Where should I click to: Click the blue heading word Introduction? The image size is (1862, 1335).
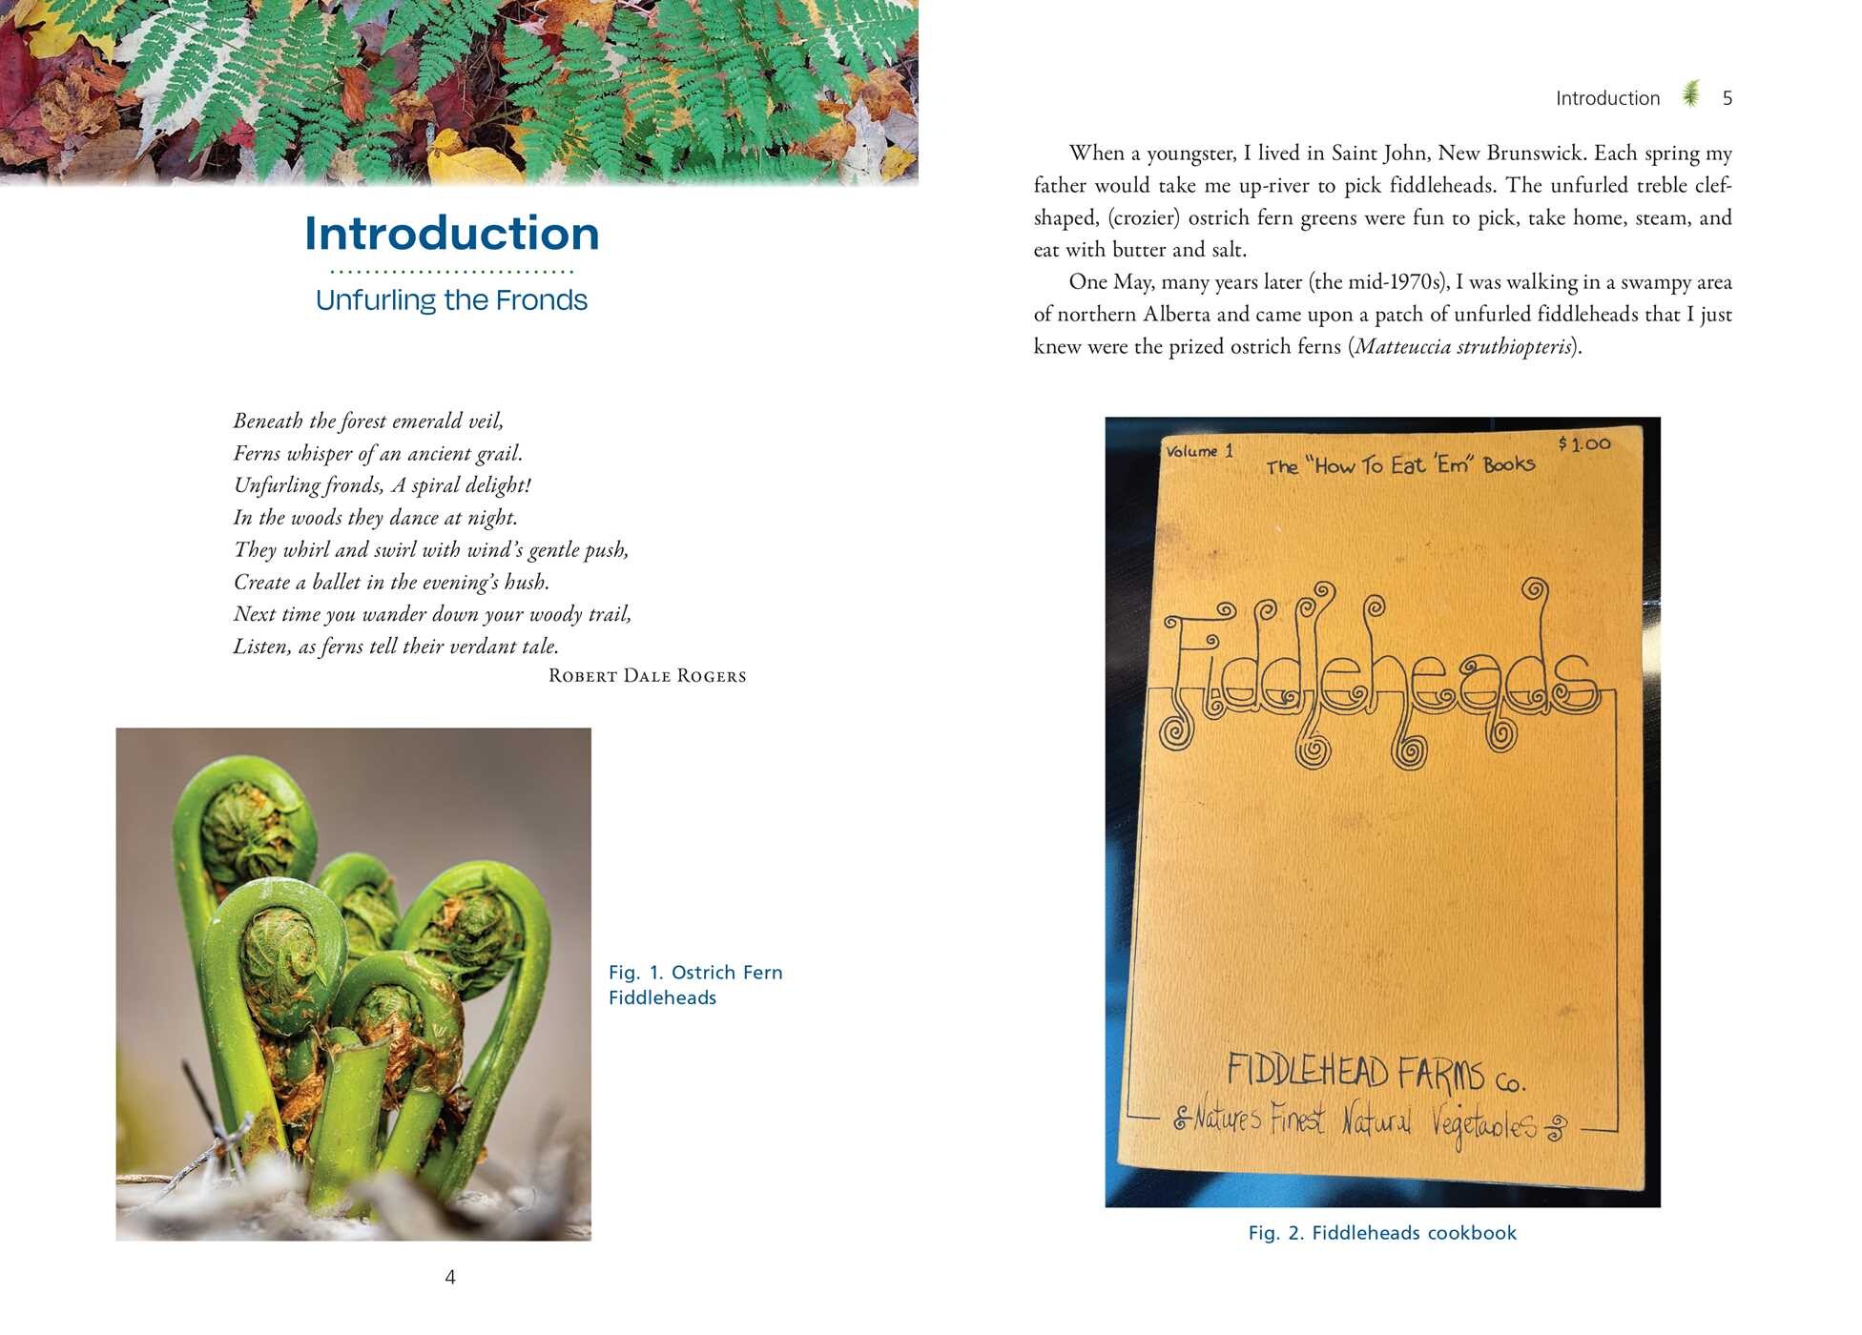[x=451, y=234]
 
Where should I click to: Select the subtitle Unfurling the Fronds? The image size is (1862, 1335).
[x=451, y=300]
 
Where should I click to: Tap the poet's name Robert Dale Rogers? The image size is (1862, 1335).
[x=647, y=676]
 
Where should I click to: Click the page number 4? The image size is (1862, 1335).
[x=450, y=1277]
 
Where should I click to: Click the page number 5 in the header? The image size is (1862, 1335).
[x=1727, y=98]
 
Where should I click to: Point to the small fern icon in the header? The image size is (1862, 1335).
[x=1691, y=94]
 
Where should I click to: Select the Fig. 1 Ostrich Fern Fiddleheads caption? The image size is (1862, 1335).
[x=694, y=985]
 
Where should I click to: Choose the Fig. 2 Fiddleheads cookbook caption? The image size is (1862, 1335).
[x=1381, y=1233]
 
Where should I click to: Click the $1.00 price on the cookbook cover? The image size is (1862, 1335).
[x=1584, y=443]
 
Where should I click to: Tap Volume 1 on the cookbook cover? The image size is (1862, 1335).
[x=1199, y=451]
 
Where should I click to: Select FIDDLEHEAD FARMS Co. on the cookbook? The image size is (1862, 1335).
[x=1375, y=1073]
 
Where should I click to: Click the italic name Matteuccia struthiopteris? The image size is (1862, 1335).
[x=1462, y=346]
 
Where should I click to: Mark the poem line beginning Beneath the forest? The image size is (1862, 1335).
[x=368, y=421]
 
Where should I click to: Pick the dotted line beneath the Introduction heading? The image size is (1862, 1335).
[x=451, y=272]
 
